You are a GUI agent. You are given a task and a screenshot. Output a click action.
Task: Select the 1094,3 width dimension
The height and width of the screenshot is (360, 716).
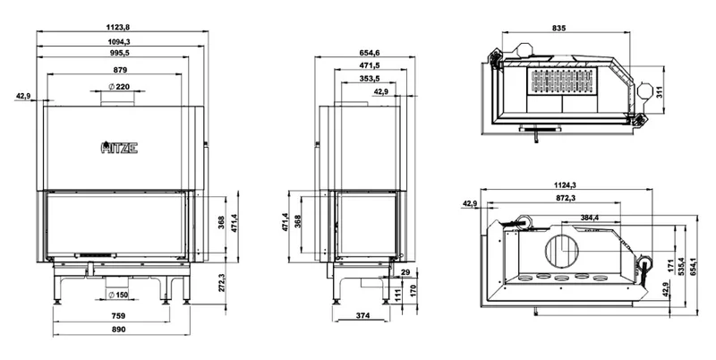tap(119, 42)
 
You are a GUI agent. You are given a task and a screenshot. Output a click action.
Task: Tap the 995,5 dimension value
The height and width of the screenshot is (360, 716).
tap(119, 53)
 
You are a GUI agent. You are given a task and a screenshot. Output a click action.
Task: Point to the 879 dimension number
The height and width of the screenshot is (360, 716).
tap(120, 70)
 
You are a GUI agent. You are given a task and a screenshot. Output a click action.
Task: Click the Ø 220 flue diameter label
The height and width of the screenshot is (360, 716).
tap(119, 87)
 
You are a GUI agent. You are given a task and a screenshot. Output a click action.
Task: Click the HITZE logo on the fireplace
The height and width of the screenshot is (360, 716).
tap(119, 148)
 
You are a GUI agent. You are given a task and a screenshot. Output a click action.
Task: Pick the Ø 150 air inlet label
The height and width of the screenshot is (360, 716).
tap(118, 296)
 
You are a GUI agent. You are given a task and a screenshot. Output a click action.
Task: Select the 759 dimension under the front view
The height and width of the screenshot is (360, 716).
tap(118, 316)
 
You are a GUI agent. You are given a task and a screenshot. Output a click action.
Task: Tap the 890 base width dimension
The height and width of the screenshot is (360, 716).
tap(118, 330)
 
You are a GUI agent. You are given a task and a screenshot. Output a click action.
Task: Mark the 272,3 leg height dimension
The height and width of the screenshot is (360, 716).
tap(222, 283)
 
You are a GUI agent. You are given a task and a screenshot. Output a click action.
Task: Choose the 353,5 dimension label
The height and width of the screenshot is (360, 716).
tap(370, 79)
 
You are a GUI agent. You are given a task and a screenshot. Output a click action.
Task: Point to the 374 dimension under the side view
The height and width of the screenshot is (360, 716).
tap(362, 316)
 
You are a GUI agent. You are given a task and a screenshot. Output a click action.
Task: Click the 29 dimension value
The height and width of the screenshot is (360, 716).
tap(405, 273)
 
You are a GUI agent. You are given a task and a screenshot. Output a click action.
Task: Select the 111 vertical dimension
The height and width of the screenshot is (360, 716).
tap(397, 296)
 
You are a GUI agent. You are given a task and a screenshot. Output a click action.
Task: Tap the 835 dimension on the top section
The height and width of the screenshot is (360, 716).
tap(558, 29)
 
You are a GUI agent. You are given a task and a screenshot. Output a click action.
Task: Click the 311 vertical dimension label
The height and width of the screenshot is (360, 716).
tap(659, 92)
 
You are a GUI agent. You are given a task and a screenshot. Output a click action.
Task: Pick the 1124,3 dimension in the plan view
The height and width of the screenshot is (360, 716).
tap(566, 185)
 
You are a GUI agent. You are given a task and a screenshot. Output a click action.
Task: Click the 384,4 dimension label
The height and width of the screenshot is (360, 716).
tap(590, 218)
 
